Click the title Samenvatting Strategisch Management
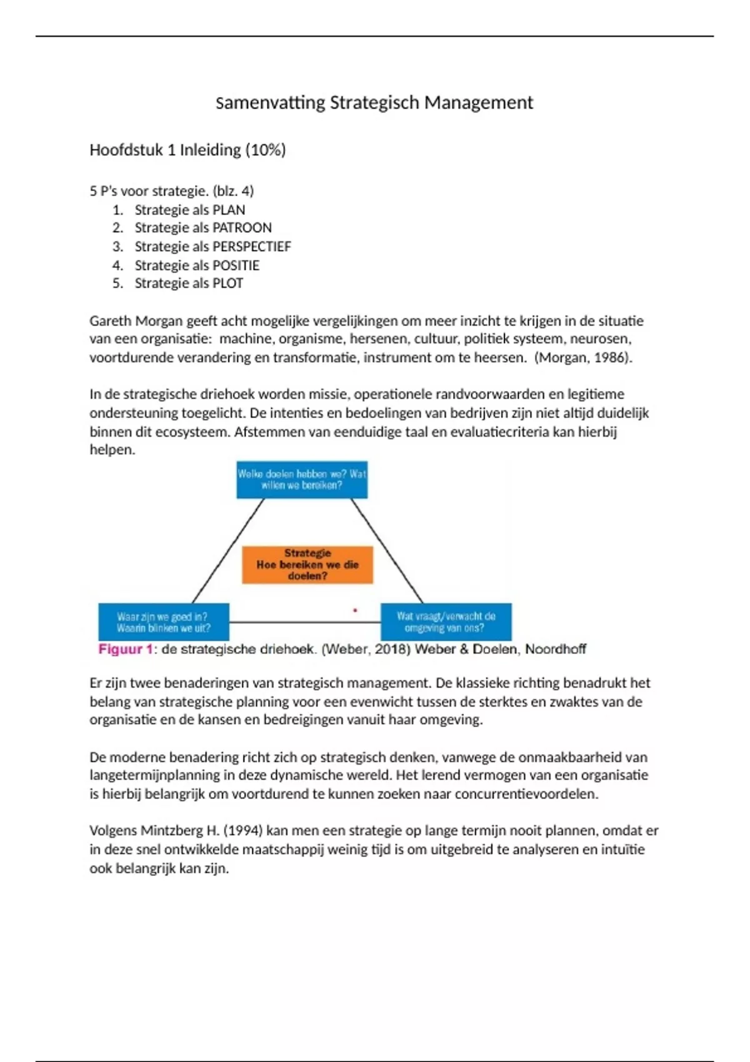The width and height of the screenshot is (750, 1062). click(374, 102)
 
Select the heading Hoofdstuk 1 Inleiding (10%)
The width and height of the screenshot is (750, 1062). click(187, 150)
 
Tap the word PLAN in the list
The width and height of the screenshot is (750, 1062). click(229, 210)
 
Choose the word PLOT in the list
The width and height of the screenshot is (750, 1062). click(227, 284)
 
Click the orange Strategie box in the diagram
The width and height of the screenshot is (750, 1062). click(307, 565)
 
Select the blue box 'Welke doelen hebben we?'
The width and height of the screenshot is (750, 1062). click(302, 480)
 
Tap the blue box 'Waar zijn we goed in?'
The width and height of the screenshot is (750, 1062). click(164, 622)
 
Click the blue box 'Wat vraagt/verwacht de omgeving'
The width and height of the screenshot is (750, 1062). click(446, 622)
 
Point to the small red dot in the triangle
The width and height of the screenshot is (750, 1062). click(355, 610)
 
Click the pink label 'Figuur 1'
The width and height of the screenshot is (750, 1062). click(125, 649)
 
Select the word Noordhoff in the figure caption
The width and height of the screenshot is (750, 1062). click(555, 649)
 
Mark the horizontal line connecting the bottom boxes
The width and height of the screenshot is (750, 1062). click(305, 622)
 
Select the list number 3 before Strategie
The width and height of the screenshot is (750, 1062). click(117, 247)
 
